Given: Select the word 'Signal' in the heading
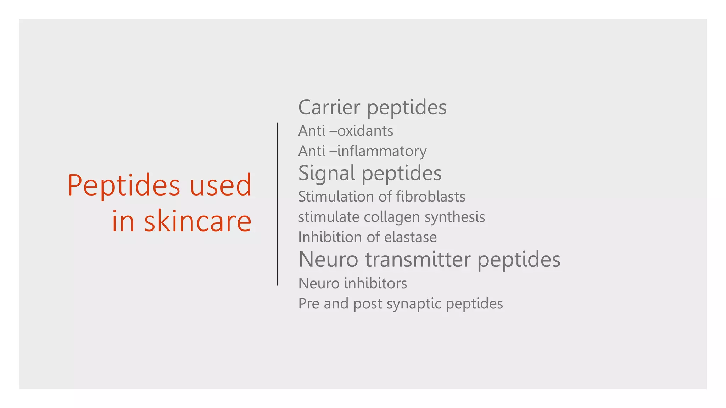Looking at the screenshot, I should [x=326, y=173].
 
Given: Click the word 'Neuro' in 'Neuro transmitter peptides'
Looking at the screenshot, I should [x=328, y=259].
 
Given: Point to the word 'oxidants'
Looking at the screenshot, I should [x=365, y=131].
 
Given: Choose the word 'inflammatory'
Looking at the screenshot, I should [x=382, y=151].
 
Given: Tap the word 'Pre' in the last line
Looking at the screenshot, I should [x=309, y=304].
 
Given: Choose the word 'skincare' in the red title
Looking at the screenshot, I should [x=197, y=221].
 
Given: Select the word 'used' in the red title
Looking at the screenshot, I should [x=220, y=185].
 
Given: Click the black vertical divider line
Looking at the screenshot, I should [x=277, y=204].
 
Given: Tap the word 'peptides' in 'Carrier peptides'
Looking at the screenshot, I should [x=407, y=108].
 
